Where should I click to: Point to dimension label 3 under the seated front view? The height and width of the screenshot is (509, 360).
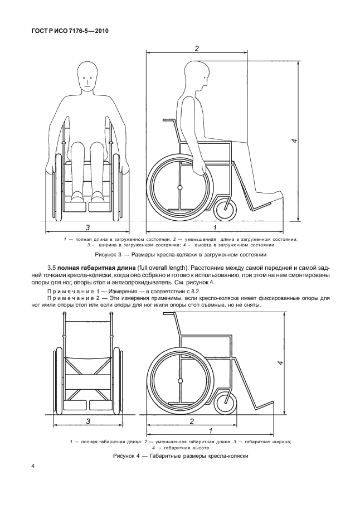pos(87,227)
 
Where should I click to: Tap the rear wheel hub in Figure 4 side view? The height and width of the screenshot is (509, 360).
pos(179,382)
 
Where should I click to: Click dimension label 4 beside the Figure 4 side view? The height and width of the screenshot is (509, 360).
pos(281,363)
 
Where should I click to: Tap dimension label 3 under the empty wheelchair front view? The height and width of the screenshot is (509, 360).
pos(89,421)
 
